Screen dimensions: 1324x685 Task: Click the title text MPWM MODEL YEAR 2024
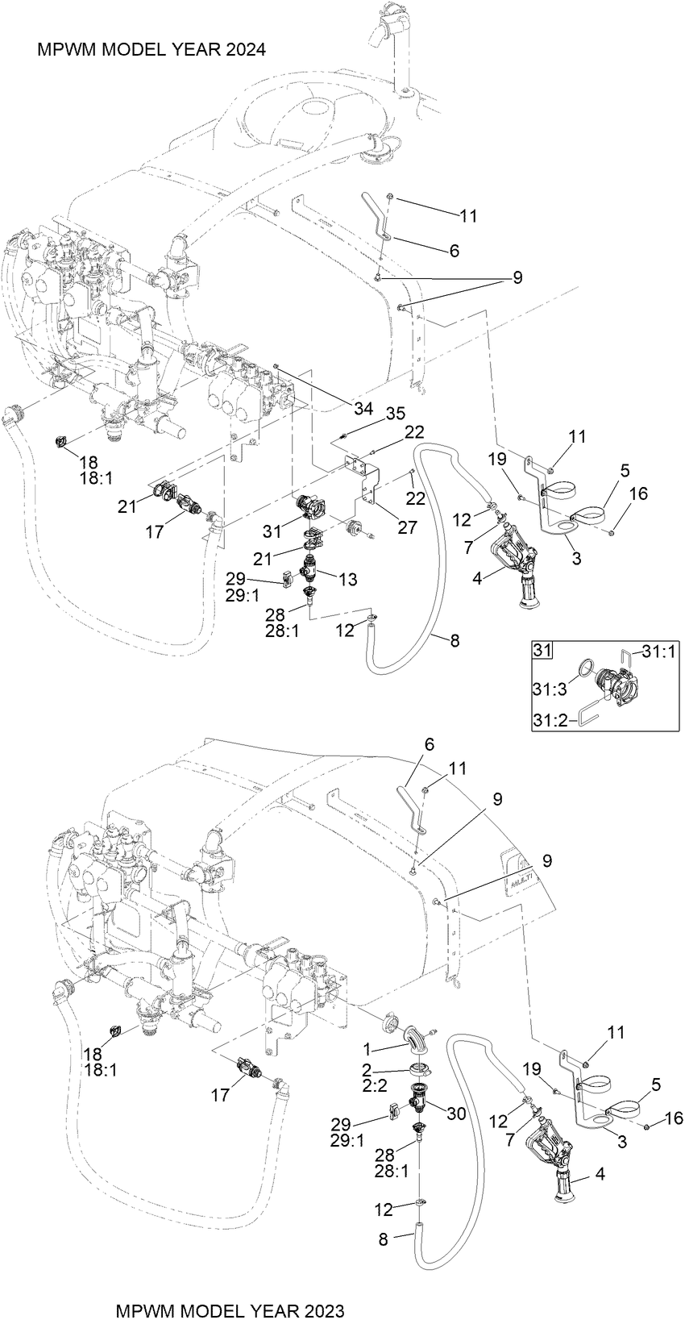tap(152, 50)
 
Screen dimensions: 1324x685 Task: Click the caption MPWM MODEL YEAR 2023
tap(230, 1310)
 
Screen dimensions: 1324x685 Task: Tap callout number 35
tap(394, 415)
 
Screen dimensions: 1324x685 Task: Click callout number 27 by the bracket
tap(408, 527)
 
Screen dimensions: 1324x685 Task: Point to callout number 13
tap(348, 579)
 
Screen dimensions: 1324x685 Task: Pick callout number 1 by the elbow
tap(367, 1050)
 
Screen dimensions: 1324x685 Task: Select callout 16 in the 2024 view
tap(637, 494)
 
